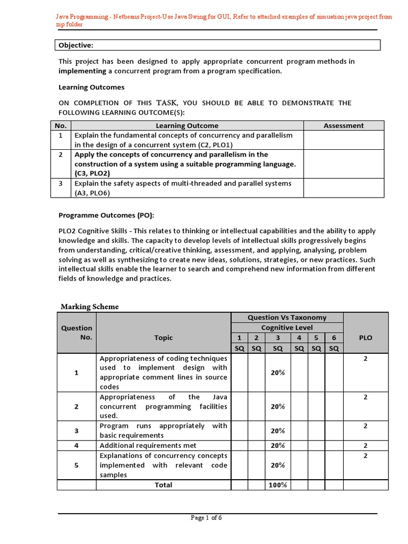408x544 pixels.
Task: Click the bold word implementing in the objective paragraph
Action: click(83, 71)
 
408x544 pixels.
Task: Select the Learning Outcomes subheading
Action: click(91, 87)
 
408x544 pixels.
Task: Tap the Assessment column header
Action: click(344, 126)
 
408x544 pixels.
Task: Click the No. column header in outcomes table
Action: click(61, 126)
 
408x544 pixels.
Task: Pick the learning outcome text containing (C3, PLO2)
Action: click(185, 164)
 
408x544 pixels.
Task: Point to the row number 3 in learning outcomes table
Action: click(61, 183)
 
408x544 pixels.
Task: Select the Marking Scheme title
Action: click(90, 307)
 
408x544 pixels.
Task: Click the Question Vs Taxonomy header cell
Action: click(287, 318)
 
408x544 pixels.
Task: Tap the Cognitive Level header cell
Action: click(287, 328)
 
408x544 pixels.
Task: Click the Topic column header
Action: click(163, 337)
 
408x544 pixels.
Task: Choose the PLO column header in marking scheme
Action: click(365, 337)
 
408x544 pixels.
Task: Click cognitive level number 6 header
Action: click(333, 338)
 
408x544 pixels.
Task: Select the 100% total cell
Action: click(278, 485)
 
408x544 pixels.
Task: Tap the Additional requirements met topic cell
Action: click(148, 445)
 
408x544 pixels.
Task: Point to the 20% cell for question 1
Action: click(278, 373)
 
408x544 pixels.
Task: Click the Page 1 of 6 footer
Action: click(206, 519)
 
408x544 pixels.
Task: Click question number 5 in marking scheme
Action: click(76, 465)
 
